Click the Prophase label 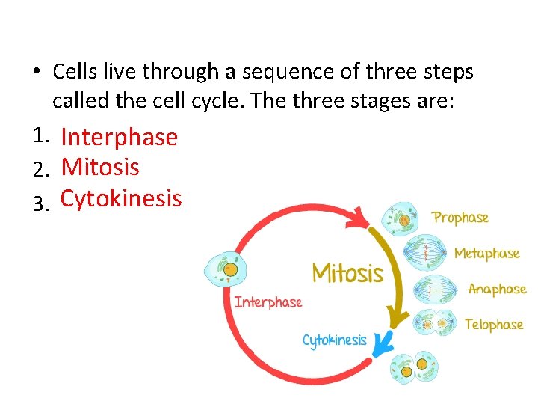(460, 218)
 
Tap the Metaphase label (486, 254)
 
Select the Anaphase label (497, 289)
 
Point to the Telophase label (493, 325)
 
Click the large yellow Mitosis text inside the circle (347, 273)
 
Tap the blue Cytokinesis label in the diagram (334, 340)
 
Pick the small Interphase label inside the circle (268, 302)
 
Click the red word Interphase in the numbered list (119, 137)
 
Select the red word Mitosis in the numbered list (100, 166)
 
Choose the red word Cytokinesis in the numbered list (121, 198)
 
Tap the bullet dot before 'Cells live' (36, 73)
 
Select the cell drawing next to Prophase (402, 220)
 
